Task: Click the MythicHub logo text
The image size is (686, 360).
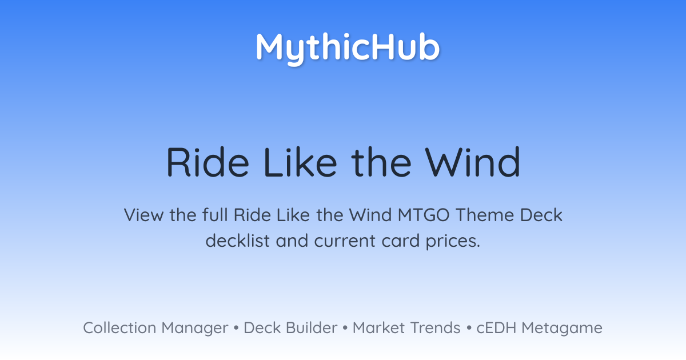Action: click(x=348, y=49)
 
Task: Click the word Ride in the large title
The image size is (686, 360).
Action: click(x=208, y=162)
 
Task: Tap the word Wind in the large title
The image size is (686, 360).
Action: click(x=473, y=162)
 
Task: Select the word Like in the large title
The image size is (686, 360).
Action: click(x=300, y=162)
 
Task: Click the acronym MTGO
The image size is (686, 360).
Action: click(x=424, y=215)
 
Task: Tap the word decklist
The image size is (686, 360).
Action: click(x=237, y=241)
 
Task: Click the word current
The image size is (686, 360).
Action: click(x=345, y=241)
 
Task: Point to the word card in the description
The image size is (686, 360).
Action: click(x=401, y=241)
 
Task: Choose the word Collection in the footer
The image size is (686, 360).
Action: click(x=119, y=328)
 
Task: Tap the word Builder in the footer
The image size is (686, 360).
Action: click(x=312, y=328)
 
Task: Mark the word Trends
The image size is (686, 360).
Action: click(x=435, y=328)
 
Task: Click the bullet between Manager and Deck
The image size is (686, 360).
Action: click(x=236, y=328)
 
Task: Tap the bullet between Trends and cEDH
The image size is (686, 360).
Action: click(x=469, y=328)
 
